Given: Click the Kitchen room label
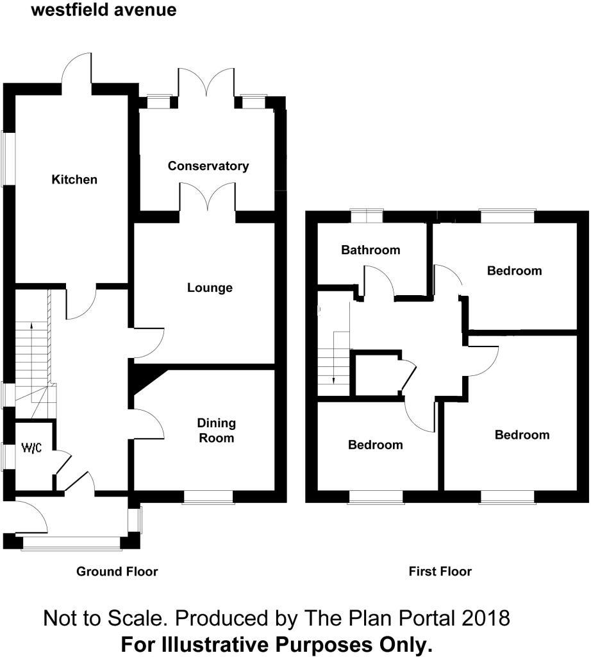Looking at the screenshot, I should [x=74, y=180].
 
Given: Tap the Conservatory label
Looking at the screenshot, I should [x=208, y=166].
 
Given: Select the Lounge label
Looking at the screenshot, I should [x=210, y=288].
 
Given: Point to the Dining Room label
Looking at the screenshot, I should [x=216, y=431].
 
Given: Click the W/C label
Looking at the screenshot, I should [x=31, y=448].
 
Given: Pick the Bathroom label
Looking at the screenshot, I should [x=370, y=250].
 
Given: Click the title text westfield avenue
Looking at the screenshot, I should [x=103, y=11].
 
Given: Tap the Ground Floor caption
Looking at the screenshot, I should [x=117, y=571].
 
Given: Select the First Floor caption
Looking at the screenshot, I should [x=440, y=571].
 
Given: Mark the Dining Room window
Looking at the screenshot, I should [x=208, y=498].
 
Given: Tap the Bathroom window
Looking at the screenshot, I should [x=366, y=216].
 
